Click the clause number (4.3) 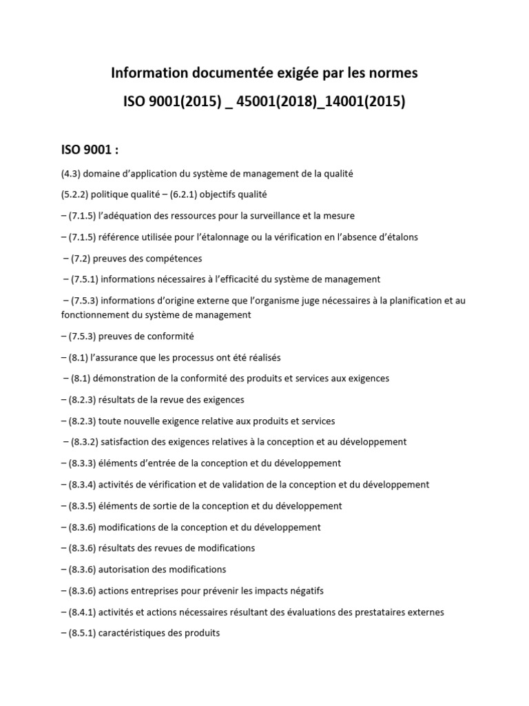point(73,174)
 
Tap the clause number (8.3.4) point(84,485)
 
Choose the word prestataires point(385,612)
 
